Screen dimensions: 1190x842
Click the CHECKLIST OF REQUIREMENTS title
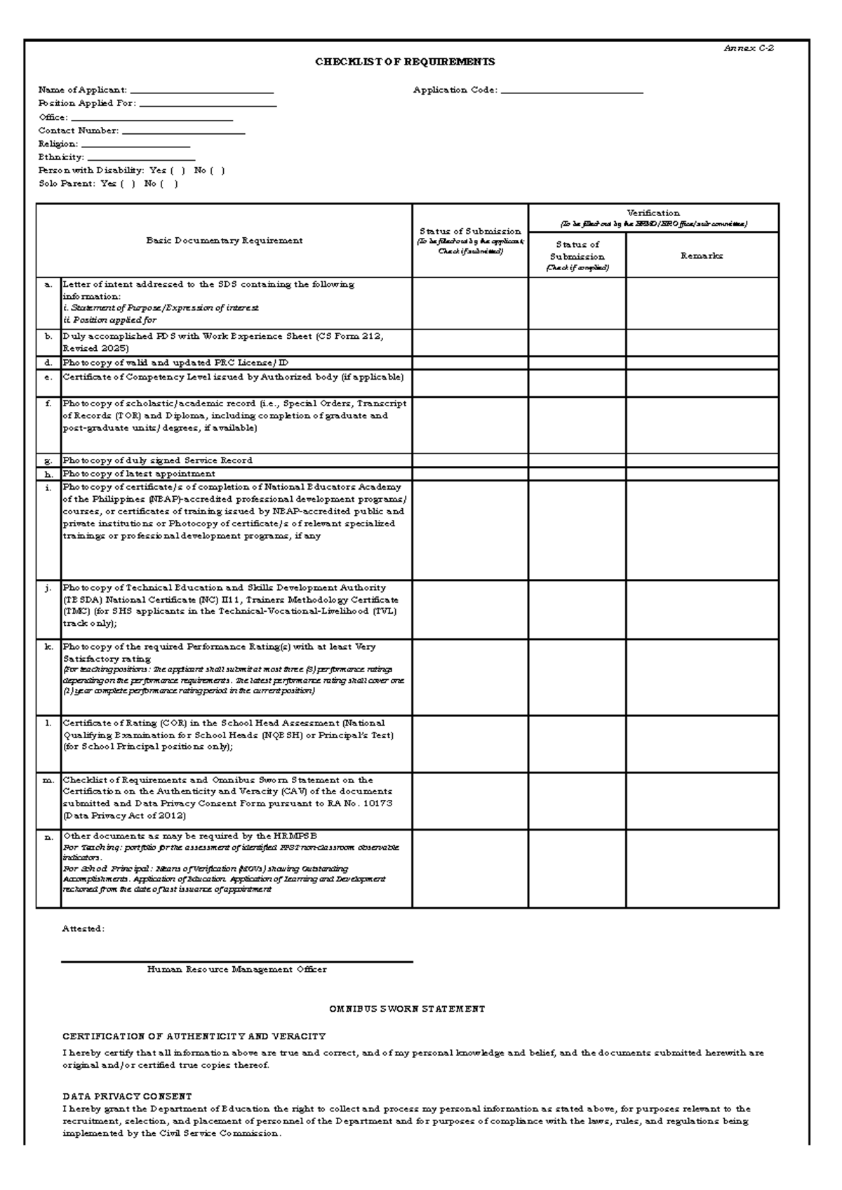405,62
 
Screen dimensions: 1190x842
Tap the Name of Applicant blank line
201,91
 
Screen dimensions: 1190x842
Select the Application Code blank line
572,91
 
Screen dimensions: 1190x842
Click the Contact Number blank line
183,131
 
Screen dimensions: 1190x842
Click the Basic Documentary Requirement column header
224,241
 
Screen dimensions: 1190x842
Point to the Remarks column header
701,256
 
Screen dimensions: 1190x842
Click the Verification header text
653,213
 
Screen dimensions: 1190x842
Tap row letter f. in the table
48,404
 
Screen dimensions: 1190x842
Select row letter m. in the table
48,780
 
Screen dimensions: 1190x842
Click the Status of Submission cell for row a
469,303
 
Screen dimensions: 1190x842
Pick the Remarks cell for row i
702,530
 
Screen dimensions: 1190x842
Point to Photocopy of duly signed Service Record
157,460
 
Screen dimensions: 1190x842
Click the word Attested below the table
83,928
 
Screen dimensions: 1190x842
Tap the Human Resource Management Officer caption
236,970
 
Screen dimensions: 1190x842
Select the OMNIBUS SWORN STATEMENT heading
407,1009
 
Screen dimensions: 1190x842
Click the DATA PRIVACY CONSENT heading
127,1096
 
